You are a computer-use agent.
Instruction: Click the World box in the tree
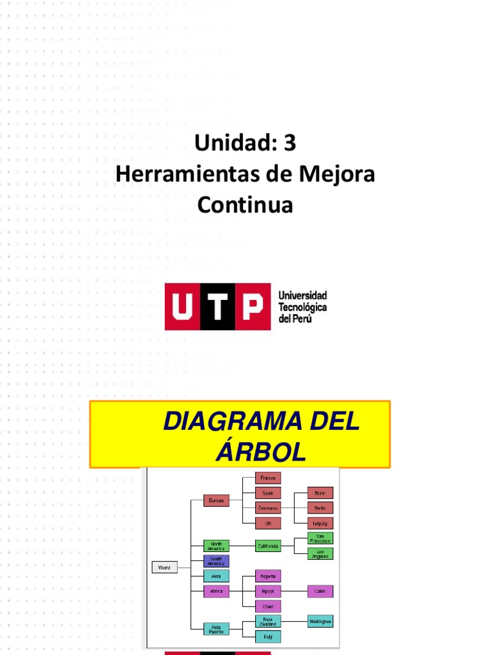tap(164, 567)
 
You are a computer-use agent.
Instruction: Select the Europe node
tap(216, 501)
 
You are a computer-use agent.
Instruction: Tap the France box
tap(268, 478)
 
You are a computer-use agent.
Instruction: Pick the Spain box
tap(268, 493)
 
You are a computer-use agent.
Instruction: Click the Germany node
tap(268, 508)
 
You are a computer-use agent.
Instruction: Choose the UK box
tap(268, 523)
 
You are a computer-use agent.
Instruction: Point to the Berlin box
tap(320, 508)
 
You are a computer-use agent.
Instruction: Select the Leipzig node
tap(320, 523)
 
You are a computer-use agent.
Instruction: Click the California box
tap(268, 546)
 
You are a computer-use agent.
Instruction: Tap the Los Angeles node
tap(320, 553)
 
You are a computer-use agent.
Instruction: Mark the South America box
tap(216, 561)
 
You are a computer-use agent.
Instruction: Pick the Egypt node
tap(268, 591)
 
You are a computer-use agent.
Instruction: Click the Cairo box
tap(320, 591)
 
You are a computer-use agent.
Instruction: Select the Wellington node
tap(320, 621)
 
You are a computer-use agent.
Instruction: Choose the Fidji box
tap(268, 636)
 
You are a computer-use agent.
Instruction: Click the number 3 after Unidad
tap(290, 143)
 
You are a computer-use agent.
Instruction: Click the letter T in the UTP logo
tap(218, 307)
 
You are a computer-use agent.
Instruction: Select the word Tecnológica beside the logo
tap(303, 307)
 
